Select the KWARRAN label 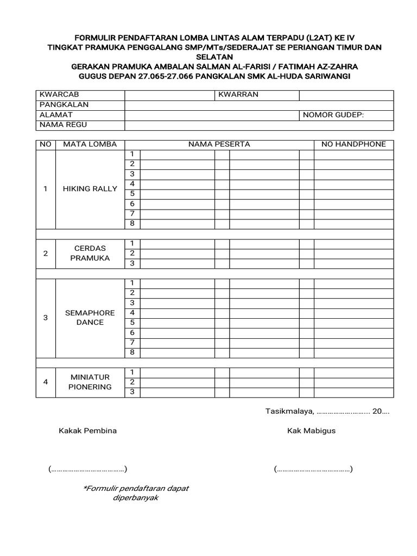coord(238,94)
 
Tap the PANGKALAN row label coord(64,104)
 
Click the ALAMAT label coord(56,115)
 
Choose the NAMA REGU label coord(63,125)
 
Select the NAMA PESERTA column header coord(219,144)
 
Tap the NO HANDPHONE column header coord(353,144)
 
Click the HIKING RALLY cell coord(90,189)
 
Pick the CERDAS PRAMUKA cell coord(90,253)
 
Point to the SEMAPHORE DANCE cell coord(90,318)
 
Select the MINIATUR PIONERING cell coord(90,382)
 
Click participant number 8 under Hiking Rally coord(131,224)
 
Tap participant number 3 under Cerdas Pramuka coord(131,263)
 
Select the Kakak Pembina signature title coord(87,431)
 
